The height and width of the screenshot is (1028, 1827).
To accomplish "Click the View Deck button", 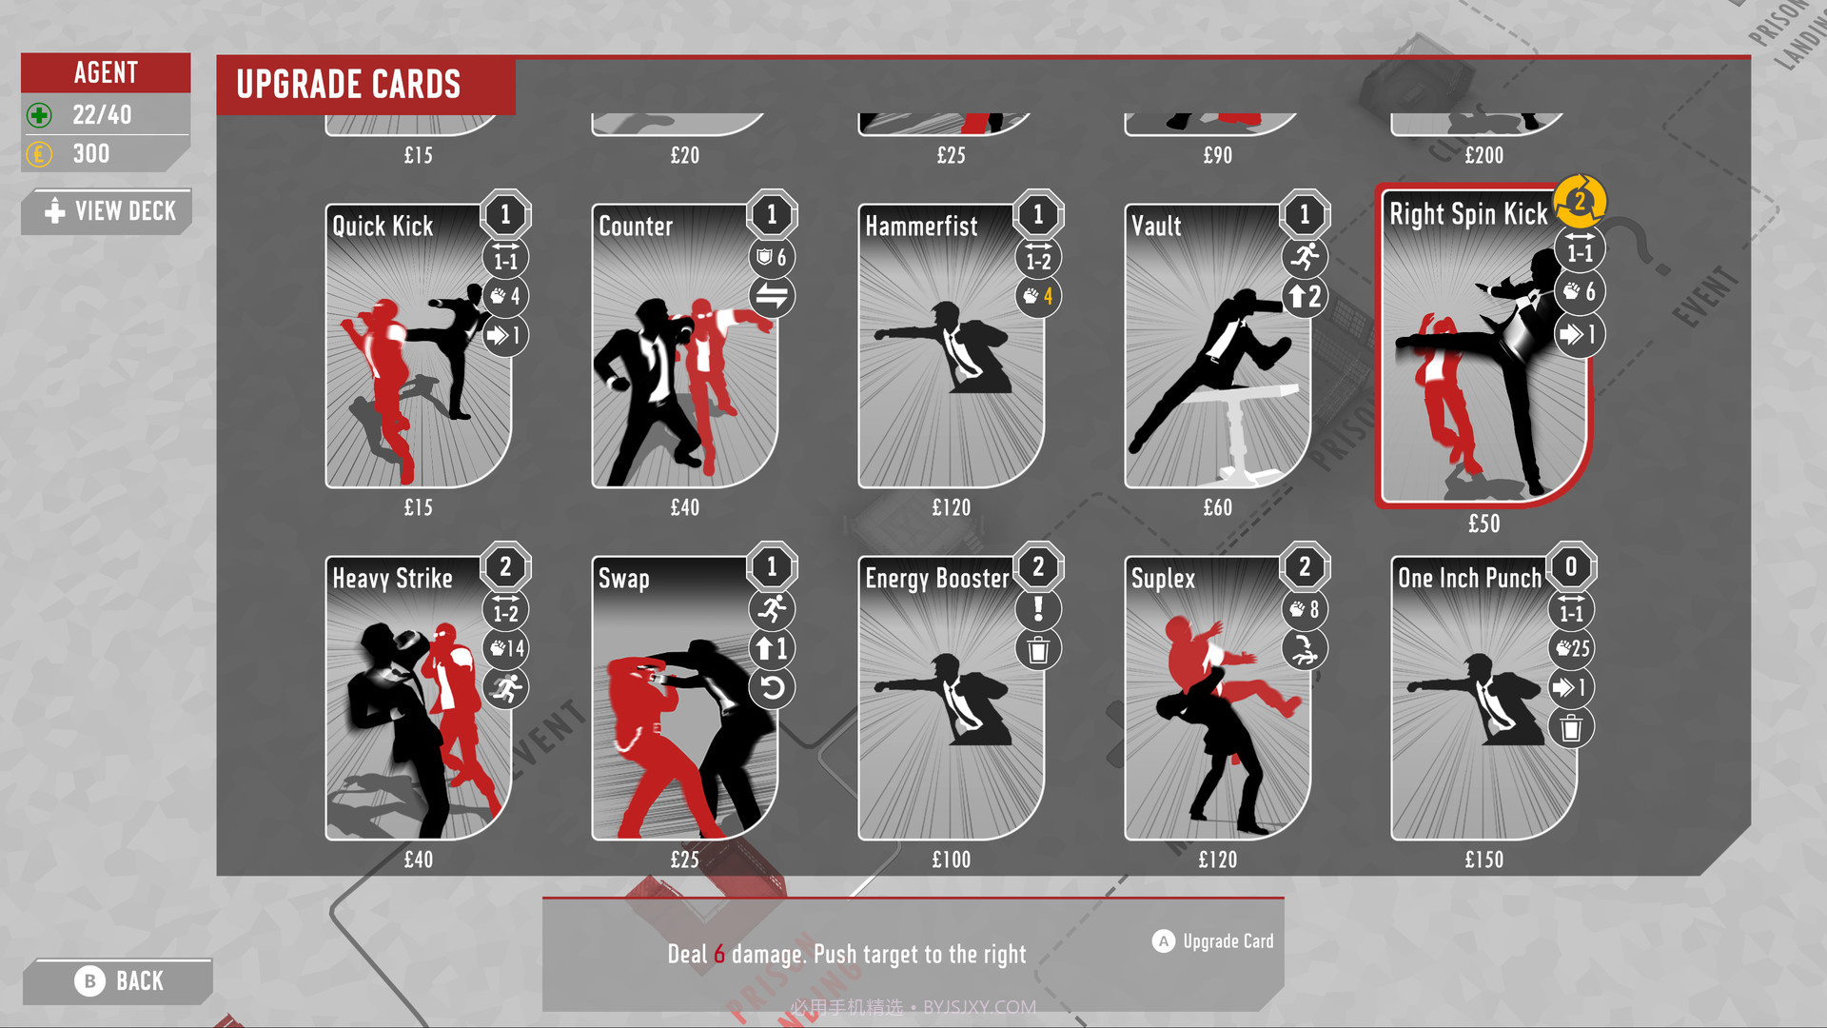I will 110,211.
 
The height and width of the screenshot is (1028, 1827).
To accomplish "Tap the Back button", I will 120,981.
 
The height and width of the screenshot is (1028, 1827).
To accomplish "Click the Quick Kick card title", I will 383,227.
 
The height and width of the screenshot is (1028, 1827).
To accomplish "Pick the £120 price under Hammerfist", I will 951,508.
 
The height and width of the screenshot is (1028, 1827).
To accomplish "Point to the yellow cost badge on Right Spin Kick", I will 1580,202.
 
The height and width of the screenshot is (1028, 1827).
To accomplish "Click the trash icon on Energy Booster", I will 1038,650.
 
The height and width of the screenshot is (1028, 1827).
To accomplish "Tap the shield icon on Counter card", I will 764,257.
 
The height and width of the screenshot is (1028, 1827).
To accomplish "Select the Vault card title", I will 1156,227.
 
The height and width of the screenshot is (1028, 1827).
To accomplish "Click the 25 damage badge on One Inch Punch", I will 1572,649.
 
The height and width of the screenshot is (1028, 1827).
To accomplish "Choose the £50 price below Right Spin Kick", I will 1483,524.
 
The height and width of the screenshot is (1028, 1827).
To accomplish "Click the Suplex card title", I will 1163,579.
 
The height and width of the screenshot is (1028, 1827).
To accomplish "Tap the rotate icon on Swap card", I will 772,688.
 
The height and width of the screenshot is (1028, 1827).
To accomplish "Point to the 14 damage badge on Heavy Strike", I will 506,649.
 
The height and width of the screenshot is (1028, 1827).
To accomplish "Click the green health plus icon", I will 39,115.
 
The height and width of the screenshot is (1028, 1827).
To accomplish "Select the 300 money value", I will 91,154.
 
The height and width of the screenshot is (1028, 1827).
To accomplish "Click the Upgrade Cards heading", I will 348,85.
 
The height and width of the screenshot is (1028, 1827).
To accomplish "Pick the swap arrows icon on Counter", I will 772,297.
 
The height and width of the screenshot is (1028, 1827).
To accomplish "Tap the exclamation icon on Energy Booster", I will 1038,609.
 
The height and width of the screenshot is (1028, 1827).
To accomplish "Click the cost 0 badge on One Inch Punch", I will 1571,567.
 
